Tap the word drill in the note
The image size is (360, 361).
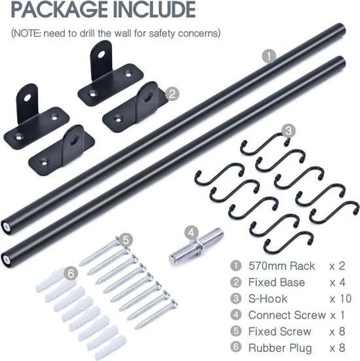(x=87, y=33)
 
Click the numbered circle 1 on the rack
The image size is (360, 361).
(x=269, y=56)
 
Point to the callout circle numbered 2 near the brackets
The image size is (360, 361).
(x=172, y=94)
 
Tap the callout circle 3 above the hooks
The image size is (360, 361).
(x=289, y=131)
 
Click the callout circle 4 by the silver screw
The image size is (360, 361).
(x=191, y=233)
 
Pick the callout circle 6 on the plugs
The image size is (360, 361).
(x=71, y=274)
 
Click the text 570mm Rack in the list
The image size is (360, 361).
(x=281, y=266)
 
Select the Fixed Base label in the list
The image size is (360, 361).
(x=276, y=283)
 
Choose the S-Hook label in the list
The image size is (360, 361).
(x=268, y=299)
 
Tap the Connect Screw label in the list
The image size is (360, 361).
(x=287, y=315)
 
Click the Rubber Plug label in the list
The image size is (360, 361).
(x=280, y=348)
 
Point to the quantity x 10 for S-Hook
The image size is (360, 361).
(x=340, y=299)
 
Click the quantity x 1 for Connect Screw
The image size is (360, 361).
(x=337, y=315)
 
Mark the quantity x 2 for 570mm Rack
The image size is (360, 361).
(x=337, y=266)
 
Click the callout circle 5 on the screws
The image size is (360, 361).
(x=126, y=240)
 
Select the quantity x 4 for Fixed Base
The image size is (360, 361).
(x=337, y=283)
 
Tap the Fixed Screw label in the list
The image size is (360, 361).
(x=279, y=332)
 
